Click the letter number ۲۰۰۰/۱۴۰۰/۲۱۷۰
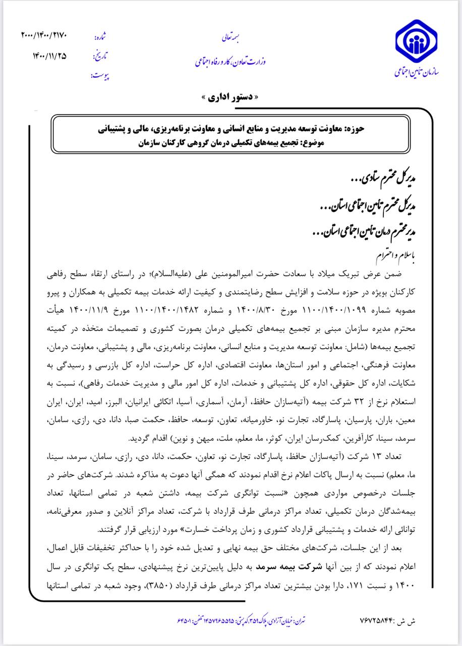[44, 35]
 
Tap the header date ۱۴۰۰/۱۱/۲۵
[49, 56]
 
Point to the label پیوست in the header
[100, 76]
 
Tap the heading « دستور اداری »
[232, 97]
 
